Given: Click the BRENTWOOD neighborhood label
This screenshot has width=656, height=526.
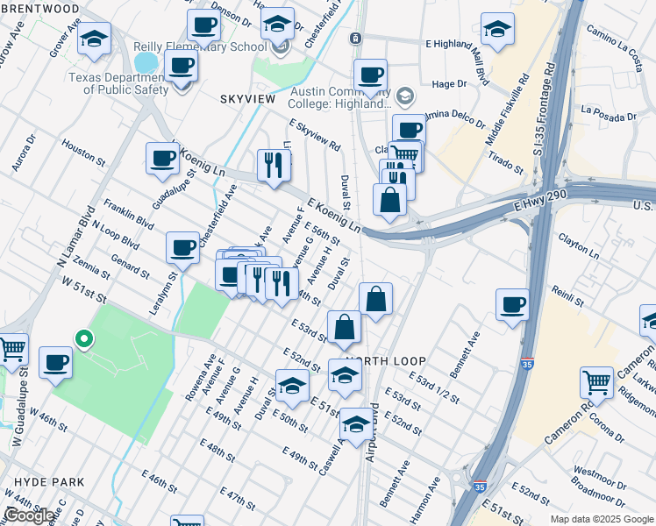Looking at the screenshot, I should click(39, 8).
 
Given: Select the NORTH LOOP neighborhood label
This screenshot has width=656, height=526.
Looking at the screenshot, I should click(386, 361).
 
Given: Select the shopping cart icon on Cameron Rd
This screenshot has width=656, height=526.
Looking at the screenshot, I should click(596, 383).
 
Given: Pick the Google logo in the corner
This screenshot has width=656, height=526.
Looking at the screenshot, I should click(30, 515).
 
